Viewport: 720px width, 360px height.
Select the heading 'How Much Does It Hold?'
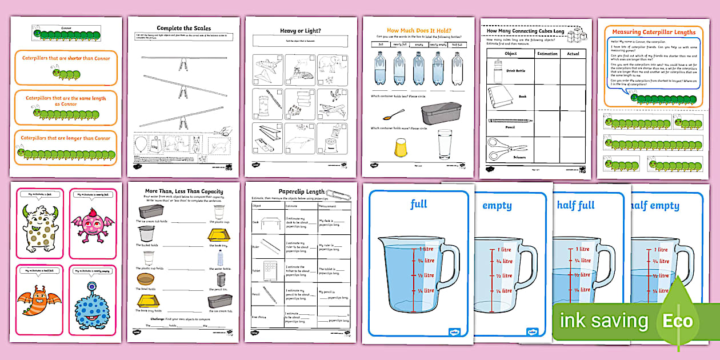(418, 30)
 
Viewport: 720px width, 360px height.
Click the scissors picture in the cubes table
(501, 147)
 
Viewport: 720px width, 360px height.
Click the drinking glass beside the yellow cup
(445, 144)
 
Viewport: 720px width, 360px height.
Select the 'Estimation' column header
(547, 54)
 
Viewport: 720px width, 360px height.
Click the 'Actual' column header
(573, 54)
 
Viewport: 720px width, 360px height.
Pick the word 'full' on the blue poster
(418, 203)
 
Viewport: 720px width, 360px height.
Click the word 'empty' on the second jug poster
(497, 206)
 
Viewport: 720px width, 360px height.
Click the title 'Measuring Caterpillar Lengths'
(653, 32)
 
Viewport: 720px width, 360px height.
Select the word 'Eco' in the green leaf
(677, 321)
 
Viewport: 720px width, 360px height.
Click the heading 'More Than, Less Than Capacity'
(184, 191)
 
